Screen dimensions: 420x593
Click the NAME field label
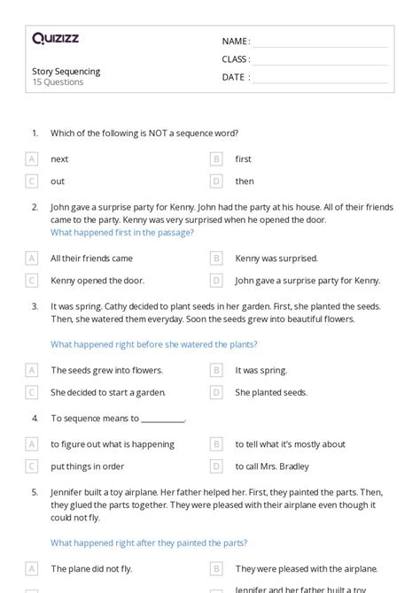(235, 42)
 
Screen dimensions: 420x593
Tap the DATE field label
(235, 77)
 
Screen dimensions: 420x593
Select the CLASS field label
(236, 59)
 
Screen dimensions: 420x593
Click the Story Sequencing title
(66, 71)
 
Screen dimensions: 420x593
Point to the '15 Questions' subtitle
(58, 82)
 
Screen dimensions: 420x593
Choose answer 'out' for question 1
(58, 181)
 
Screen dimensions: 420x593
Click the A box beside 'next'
(32, 159)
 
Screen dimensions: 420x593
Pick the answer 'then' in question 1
(245, 181)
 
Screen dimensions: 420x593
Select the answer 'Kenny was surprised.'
(276, 258)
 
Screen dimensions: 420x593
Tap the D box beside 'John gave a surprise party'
(216, 281)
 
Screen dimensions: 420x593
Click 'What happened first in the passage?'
(122, 233)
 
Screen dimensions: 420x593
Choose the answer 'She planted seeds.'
(271, 392)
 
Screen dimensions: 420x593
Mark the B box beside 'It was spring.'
(216, 370)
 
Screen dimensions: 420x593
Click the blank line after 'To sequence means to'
(163, 419)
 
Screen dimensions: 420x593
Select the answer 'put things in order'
(88, 466)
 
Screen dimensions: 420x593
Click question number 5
(35, 491)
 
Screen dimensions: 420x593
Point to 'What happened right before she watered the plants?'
(154, 344)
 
